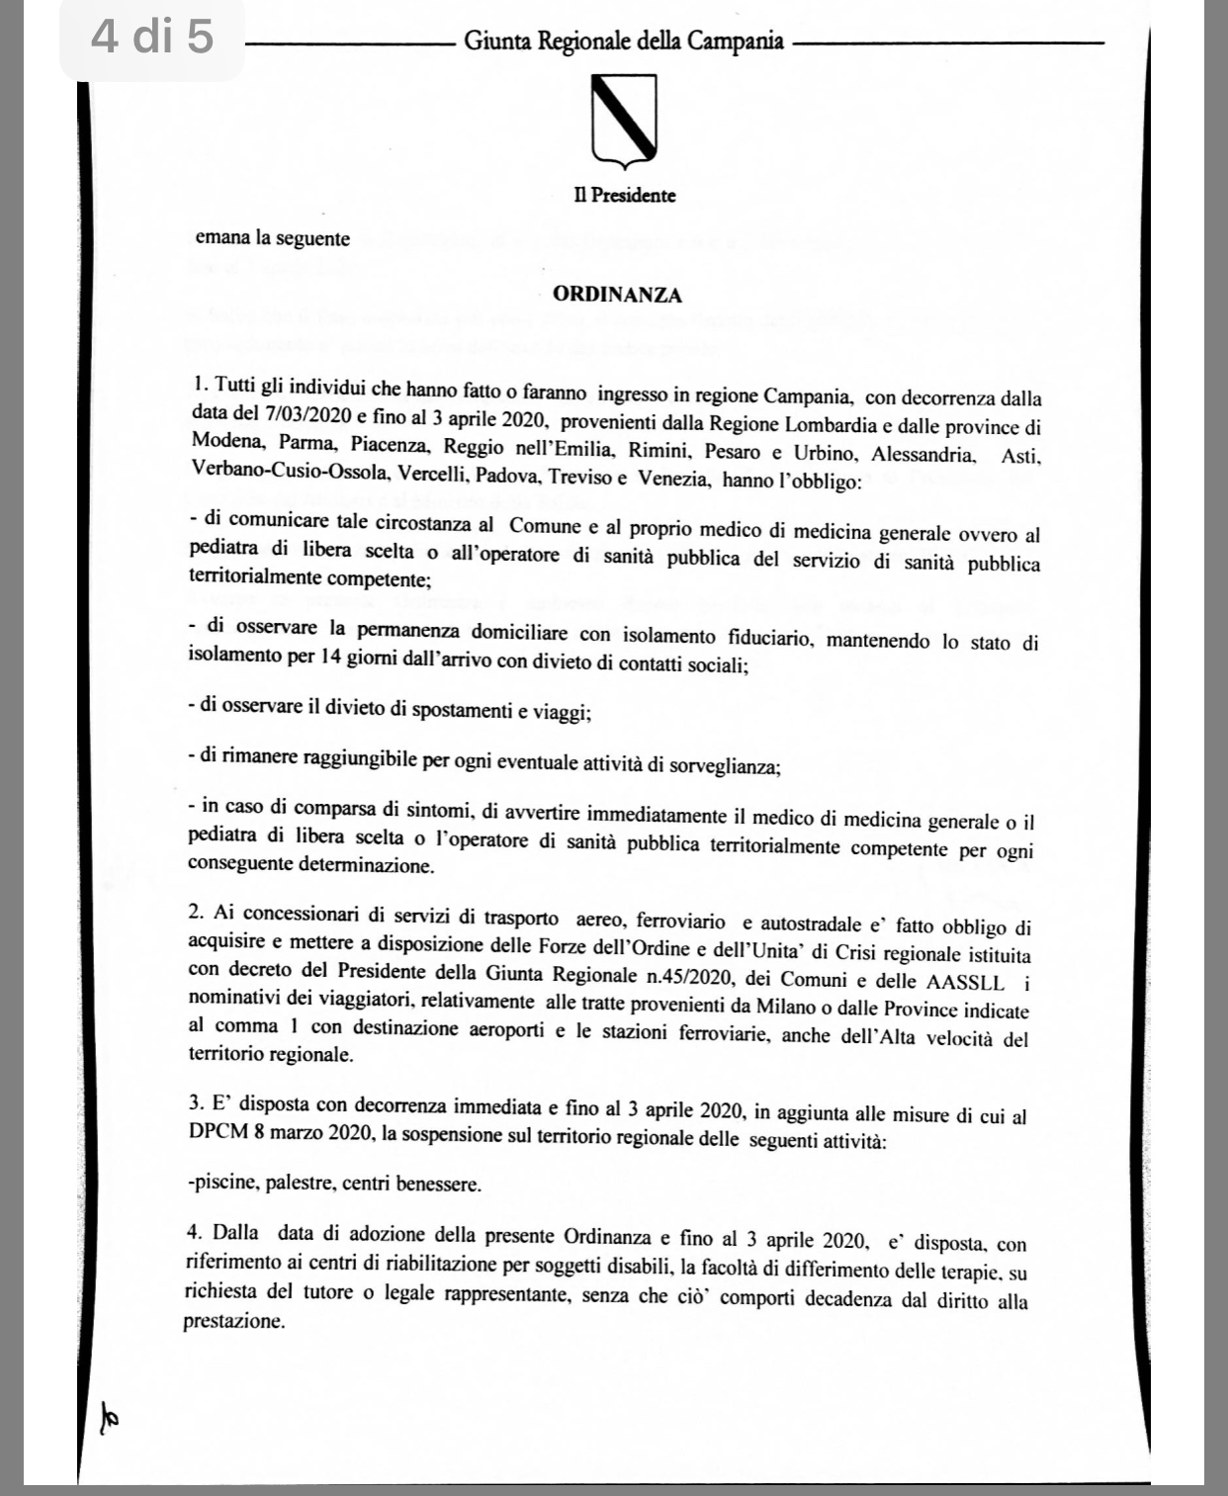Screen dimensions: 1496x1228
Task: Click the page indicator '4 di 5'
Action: pos(151,38)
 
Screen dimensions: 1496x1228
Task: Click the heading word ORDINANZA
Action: pos(617,295)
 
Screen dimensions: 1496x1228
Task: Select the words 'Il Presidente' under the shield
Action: pos(625,196)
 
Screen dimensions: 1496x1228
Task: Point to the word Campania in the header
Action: pos(736,42)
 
